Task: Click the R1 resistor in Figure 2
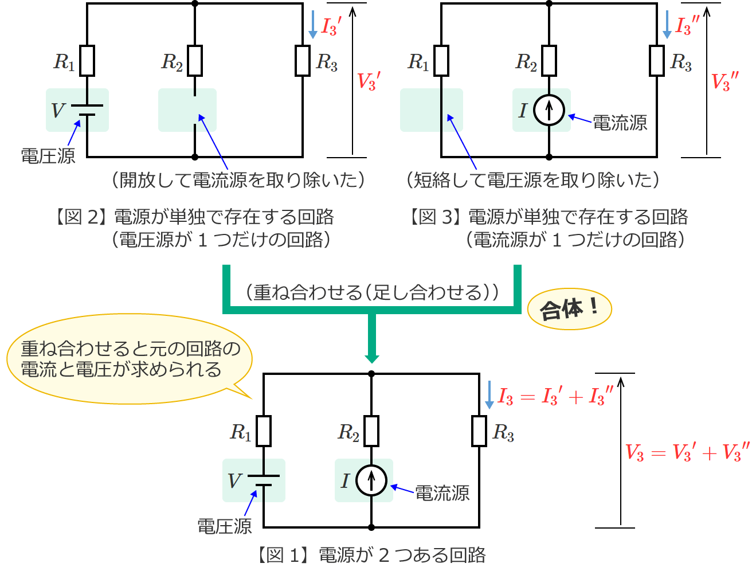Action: [x=87, y=61]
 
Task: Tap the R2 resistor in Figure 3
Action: [x=549, y=61]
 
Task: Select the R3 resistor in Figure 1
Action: [x=479, y=431]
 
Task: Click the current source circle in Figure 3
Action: [x=549, y=110]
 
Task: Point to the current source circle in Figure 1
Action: [x=371, y=480]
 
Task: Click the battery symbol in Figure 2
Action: [x=87, y=110]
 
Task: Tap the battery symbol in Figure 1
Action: [x=264, y=480]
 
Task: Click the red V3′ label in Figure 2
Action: [x=369, y=81]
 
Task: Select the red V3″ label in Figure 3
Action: [x=724, y=81]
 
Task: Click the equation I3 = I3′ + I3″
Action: [x=555, y=396]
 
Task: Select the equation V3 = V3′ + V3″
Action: [x=687, y=452]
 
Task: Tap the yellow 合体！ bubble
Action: [x=569, y=310]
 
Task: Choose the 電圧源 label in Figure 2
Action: [x=48, y=155]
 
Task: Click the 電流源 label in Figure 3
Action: [x=620, y=123]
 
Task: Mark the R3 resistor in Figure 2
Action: [x=303, y=61]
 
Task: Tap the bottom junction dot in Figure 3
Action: [x=549, y=157]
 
